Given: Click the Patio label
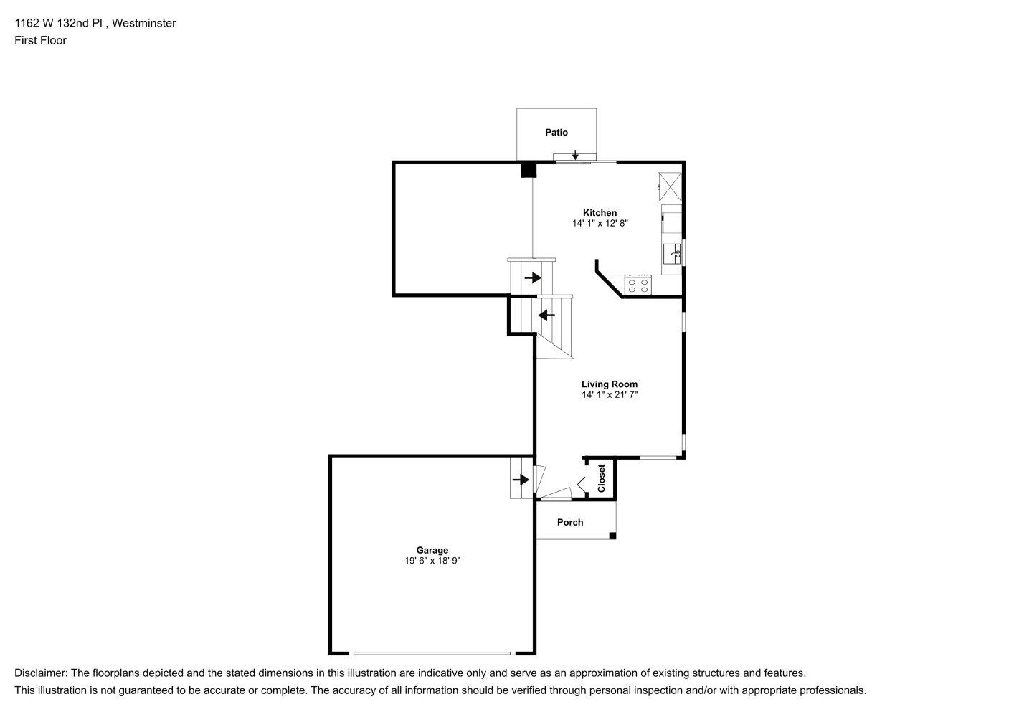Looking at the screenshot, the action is (x=556, y=132).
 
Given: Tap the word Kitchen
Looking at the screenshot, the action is (x=600, y=212).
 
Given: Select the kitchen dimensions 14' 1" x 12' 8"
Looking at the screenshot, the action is (x=600, y=223).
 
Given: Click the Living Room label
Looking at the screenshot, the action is (x=610, y=384).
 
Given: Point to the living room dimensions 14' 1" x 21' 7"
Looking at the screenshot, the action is (x=610, y=395).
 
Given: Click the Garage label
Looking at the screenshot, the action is (x=432, y=550).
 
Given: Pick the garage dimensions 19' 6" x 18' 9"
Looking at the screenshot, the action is (x=432, y=561).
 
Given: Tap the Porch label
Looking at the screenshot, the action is (x=570, y=522).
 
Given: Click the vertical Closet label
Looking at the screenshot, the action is (x=601, y=478).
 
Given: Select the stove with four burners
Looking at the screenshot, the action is (x=638, y=285).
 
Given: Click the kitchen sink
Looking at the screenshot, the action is (x=672, y=254).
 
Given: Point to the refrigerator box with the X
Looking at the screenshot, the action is (x=670, y=186).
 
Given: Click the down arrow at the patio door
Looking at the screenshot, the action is (x=575, y=155).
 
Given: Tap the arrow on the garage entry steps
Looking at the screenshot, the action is (x=521, y=480).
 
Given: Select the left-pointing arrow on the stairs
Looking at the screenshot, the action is (x=546, y=315).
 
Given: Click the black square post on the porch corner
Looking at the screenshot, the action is (x=612, y=536).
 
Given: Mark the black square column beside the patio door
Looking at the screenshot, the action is (x=529, y=170).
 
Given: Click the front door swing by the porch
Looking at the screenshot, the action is (x=556, y=493).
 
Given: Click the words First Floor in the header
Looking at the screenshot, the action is (x=40, y=40).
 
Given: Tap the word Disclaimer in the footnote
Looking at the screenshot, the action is (x=41, y=673).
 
